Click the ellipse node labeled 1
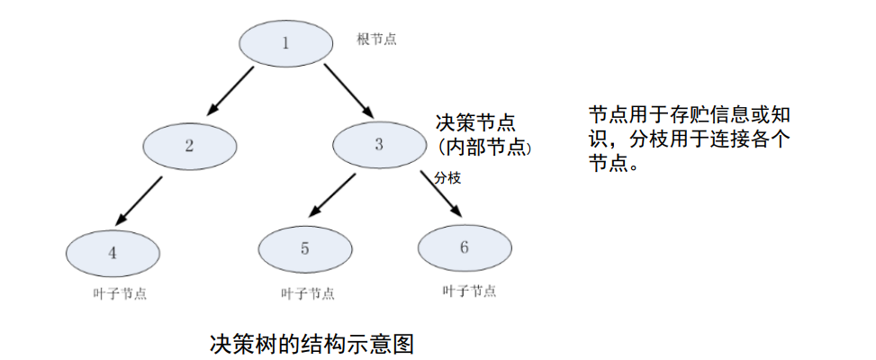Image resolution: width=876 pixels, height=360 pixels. point(286,42)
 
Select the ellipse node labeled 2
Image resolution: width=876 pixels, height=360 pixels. point(189,146)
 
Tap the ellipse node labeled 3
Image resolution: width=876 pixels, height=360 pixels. point(378,144)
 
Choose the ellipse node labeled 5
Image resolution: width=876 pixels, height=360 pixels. point(304,249)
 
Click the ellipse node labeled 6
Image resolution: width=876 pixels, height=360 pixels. point(464,247)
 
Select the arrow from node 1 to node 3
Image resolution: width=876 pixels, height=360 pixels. point(348,90)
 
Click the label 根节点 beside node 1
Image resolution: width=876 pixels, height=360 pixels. point(376,40)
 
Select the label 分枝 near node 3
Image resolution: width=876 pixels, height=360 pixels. point(447,178)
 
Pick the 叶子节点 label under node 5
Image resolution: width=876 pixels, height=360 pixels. point(308,293)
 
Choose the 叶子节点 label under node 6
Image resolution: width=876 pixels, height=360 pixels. point(468,291)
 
